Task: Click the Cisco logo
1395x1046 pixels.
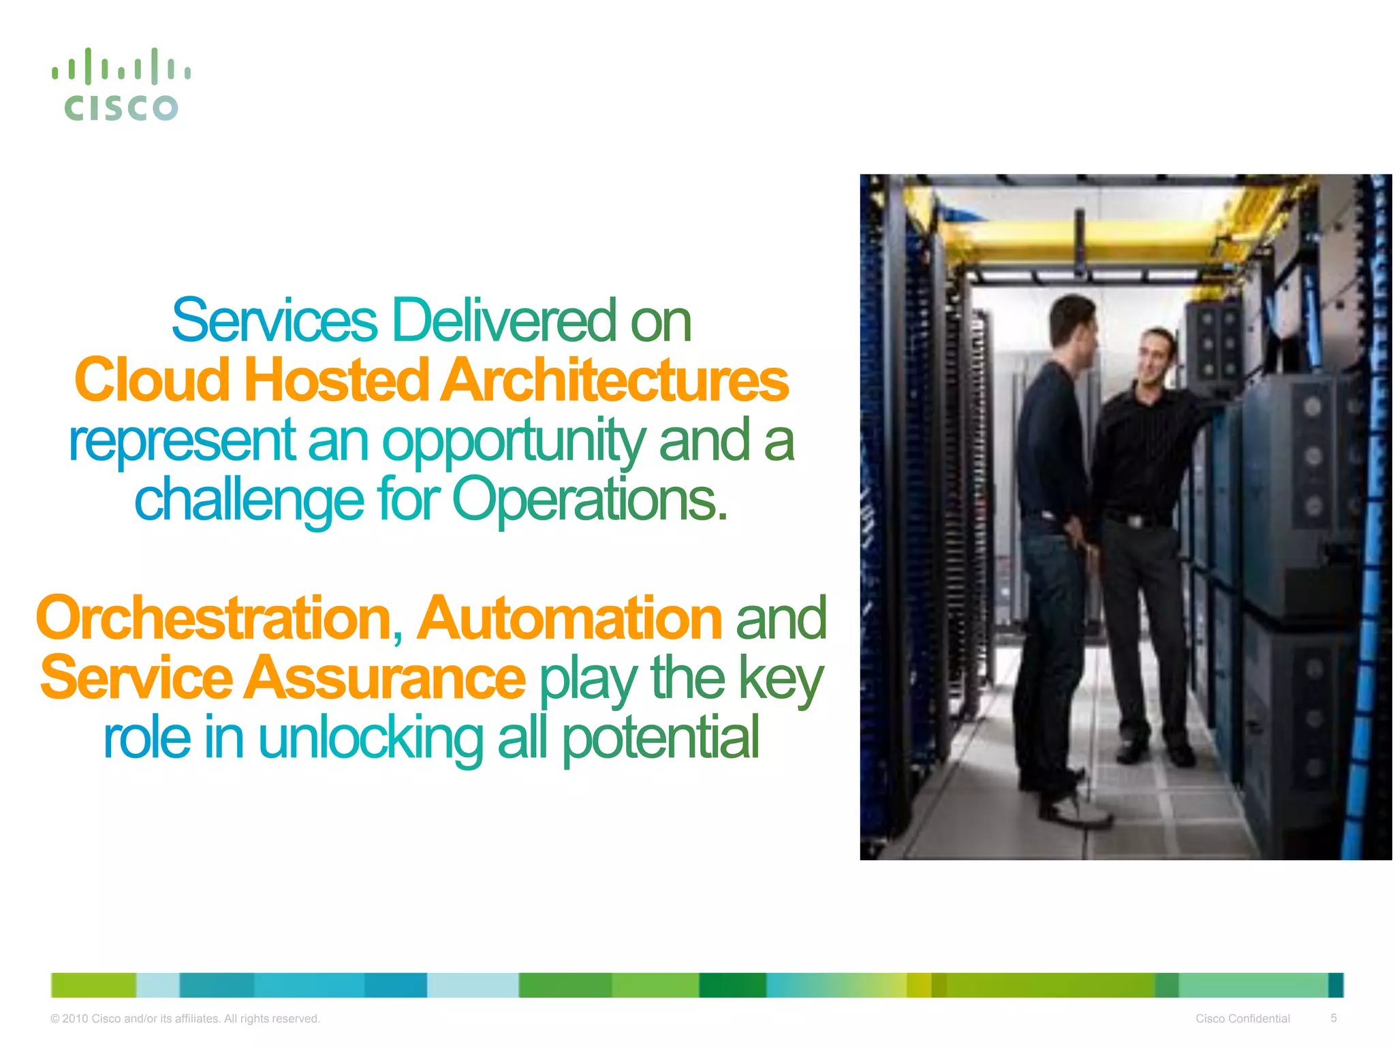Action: click(121, 85)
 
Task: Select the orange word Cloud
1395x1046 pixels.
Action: click(152, 380)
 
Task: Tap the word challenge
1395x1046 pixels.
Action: click(249, 501)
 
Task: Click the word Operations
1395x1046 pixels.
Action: click(589, 501)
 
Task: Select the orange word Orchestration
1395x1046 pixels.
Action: click(215, 618)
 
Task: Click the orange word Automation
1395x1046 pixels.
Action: click(569, 618)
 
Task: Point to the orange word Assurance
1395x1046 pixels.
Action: click(385, 678)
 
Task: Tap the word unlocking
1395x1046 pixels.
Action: click(371, 738)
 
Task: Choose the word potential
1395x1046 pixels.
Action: click(660, 738)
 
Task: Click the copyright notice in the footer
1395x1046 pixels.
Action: click(185, 1019)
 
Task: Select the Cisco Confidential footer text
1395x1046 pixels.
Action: click(1242, 1019)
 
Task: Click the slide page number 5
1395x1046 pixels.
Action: click(1334, 1018)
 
